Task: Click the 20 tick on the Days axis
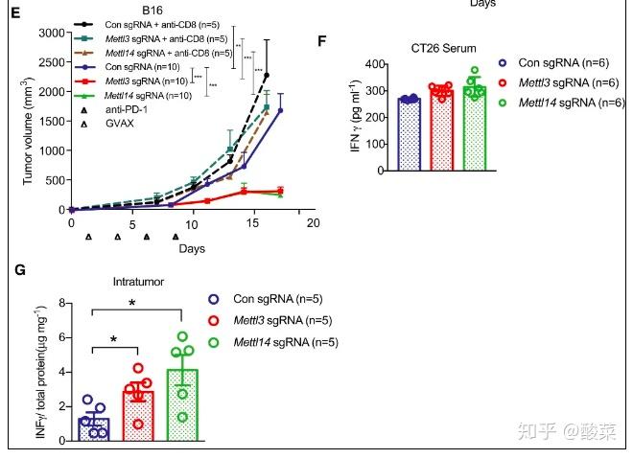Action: pos(312,223)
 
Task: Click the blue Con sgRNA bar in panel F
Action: pos(383,134)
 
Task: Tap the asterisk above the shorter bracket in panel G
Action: pos(115,340)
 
